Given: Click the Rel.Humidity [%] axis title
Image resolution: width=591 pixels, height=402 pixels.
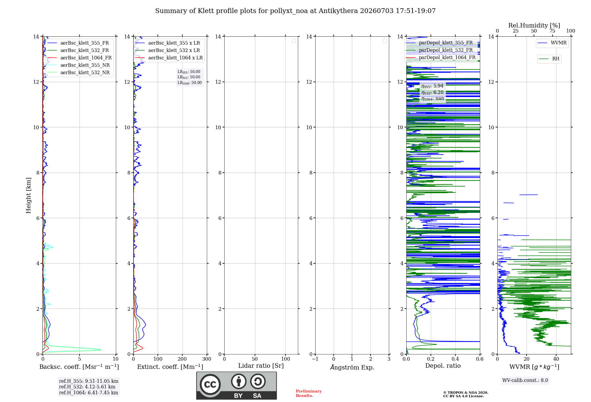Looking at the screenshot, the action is click(x=534, y=25).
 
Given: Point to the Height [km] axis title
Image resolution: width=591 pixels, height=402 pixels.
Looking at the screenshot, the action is click(x=28, y=195).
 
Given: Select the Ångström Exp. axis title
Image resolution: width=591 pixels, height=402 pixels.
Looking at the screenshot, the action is click(x=352, y=367).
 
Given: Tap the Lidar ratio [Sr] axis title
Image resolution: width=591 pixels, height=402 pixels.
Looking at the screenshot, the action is click(x=261, y=366).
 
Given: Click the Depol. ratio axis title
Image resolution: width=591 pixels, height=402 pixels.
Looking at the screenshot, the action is click(x=443, y=366).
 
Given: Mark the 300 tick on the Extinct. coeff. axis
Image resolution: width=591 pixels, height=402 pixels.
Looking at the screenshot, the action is click(x=207, y=359).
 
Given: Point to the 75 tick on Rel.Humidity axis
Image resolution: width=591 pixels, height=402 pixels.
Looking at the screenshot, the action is click(x=552, y=31).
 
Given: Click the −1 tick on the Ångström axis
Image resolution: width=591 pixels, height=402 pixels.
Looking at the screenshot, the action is click(x=315, y=359).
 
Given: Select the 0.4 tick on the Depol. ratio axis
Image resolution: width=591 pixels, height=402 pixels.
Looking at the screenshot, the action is click(x=455, y=359).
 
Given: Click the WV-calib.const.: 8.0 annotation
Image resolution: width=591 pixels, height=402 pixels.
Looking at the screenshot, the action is click(x=525, y=380).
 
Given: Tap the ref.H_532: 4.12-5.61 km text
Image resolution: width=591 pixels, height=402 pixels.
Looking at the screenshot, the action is click(x=87, y=387).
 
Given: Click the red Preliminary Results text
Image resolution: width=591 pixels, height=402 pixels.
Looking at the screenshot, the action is click(x=309, y=393).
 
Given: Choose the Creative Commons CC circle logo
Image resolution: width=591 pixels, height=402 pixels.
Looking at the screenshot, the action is click(x=210, y=385).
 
